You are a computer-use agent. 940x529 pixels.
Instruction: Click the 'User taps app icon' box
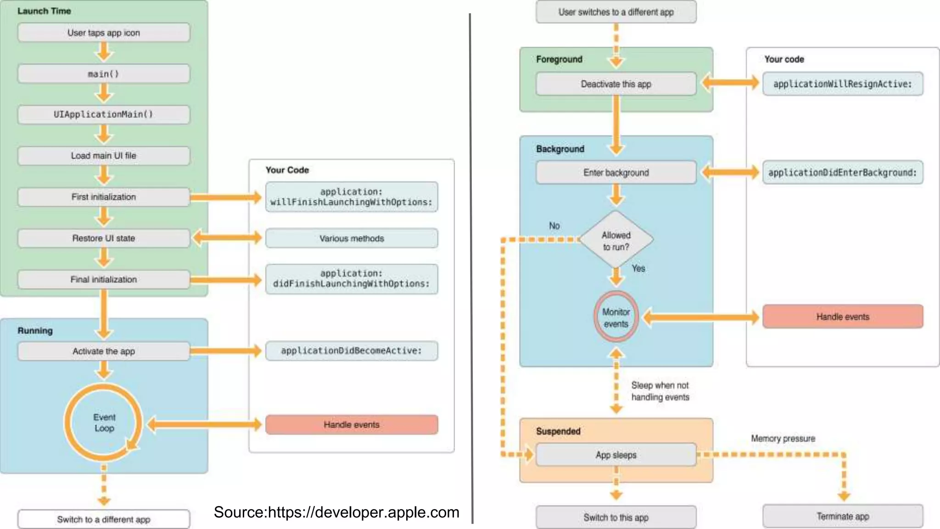tap(104, 33)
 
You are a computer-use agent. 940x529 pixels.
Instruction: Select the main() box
tap(104, 74)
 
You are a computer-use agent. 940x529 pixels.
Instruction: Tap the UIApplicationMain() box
tap(104, 114)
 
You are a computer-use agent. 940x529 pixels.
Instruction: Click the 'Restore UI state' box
tap(104, 238)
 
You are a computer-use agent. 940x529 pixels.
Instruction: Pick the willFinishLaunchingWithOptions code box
tap(352, 197)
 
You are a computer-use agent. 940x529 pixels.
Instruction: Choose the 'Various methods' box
tap(352, 238)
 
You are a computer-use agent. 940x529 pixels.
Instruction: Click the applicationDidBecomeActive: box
tap(352, 351)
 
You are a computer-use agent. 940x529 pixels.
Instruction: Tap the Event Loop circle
tap(104, 423)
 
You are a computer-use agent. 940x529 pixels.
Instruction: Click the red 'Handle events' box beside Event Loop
tap(352, 425)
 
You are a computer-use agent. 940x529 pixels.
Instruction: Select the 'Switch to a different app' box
tap(104, 519)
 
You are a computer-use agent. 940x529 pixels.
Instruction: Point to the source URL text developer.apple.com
tap(336, 512)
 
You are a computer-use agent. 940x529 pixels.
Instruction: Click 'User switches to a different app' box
tap(616, 12)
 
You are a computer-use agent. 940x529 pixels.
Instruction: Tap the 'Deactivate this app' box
tap(616, 84)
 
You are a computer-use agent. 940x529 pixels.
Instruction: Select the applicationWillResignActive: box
tap(843, 84)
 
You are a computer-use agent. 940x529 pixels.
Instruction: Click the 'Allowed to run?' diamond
tap(616, 240)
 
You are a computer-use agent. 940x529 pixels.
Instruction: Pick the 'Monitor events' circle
tap(616, 317)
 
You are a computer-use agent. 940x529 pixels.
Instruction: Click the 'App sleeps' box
tap(616, 455)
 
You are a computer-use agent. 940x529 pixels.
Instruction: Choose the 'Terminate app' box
tap(843, 517)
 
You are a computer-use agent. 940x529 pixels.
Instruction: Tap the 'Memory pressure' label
tap(783, 439)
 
